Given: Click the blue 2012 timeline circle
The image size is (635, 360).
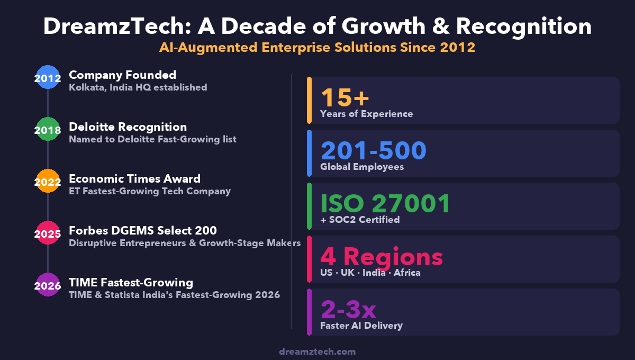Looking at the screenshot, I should [x=48, y=78].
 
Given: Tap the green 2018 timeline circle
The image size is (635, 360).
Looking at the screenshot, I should [x=48, y=130].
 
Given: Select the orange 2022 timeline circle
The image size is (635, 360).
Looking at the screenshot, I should [x=48, y=182].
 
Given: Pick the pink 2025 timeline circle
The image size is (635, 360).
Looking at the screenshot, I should [x=48, y=233].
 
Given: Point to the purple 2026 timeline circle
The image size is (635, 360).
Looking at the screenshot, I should [x=48, y=285].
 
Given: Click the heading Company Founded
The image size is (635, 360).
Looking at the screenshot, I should [x=122, y=75].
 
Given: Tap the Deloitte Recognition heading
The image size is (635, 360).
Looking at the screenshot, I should [x=128, y=127].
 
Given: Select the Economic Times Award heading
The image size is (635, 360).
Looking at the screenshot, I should [x=134, y=178].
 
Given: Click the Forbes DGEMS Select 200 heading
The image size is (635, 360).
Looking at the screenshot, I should [x=143, y=230].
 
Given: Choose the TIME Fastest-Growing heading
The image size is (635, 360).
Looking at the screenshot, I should [x=131, y=282].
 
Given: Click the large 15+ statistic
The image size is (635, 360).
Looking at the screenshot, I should [x=344, y=97].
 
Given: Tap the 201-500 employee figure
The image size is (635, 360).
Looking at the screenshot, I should [x=373, y=150].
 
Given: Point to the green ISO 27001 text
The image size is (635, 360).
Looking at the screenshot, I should [x=385, y=203].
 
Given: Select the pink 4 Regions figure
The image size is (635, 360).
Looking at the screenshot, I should [x=381, y=256].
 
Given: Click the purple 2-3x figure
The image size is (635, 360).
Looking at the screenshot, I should [x=348, y=309].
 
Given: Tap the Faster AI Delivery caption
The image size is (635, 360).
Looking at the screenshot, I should [x=361, y=326].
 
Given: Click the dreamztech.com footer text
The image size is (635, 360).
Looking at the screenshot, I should [x=317, y=351].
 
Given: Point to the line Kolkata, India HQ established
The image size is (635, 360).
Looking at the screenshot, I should [x=138, y=87].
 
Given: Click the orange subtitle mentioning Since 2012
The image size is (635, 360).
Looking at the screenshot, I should [x=317, y=47].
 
